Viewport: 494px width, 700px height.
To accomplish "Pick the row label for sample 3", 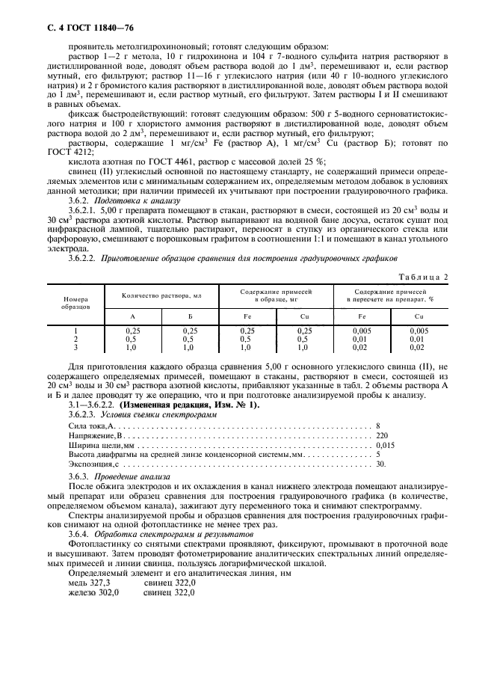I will pyautogui.click(x=75, y=347).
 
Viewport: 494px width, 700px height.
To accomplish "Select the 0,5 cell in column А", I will pyautogui.click(x=132, y=338).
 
